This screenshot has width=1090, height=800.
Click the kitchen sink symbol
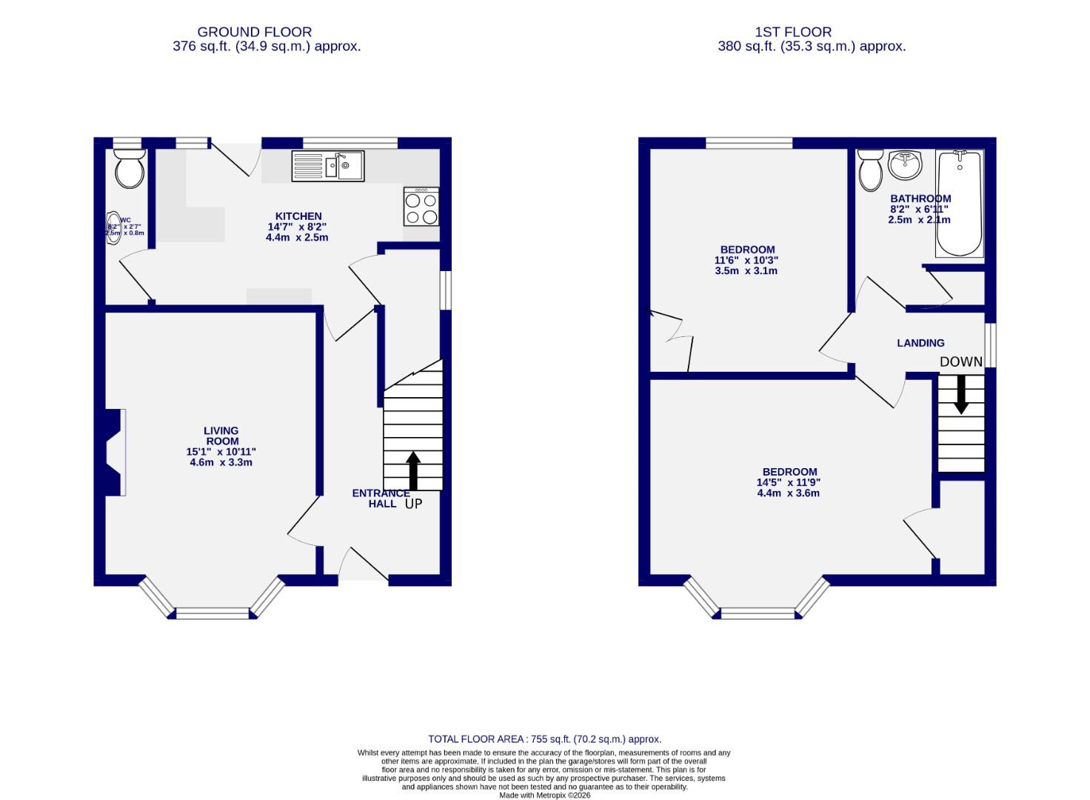point(327,166)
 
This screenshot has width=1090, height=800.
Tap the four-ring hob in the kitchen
point(421,207)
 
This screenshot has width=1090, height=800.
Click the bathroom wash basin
point(905,164)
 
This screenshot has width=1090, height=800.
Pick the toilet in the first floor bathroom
point(870,170)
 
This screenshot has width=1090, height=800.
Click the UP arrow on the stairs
point(413,471)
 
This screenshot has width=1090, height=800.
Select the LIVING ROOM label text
point(221,436)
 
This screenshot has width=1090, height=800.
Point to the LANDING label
point(920,343)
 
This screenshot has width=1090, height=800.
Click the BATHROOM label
point(920,199)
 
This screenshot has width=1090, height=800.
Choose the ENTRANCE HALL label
point(381,499)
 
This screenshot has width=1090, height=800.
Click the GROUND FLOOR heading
point(254,32)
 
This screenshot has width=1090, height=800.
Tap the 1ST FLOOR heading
point(793,32)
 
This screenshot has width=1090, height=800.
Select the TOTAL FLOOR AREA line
point(544,739)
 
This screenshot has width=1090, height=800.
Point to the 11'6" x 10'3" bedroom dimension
point(746,260)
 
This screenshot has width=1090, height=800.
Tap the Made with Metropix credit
point(544,795)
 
